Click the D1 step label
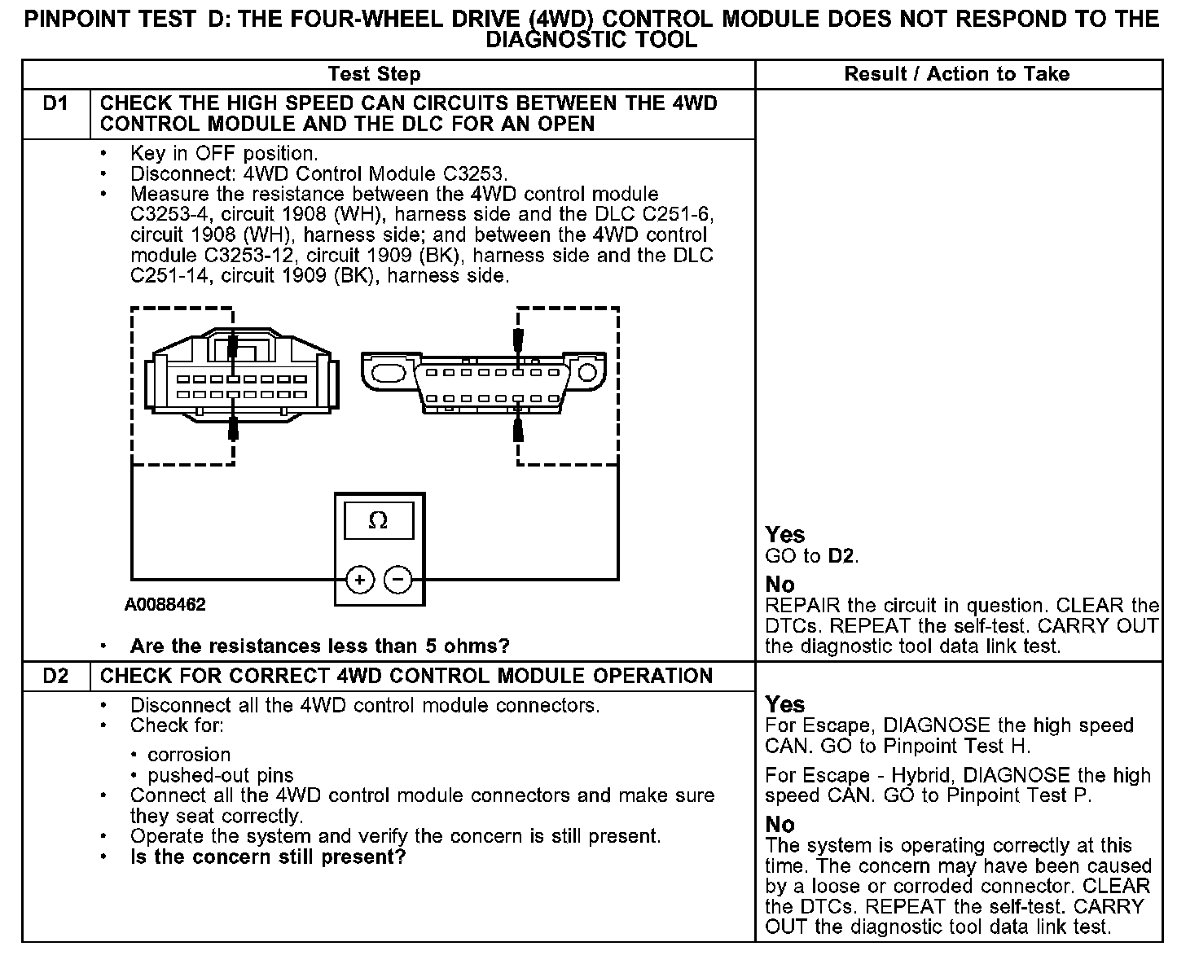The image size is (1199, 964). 55,104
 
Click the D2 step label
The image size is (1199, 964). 55,676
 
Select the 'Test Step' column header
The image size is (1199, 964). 374,74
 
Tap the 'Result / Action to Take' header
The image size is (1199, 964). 956,74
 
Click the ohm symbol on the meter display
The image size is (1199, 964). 378,521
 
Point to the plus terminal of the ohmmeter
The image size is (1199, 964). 360,580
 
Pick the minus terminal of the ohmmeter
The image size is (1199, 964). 397,580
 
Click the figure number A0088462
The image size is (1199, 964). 165,605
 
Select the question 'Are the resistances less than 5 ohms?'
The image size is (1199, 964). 319,646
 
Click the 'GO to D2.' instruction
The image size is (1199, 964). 812,557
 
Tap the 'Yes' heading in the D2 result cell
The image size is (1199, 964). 785,704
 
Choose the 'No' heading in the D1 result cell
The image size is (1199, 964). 780,585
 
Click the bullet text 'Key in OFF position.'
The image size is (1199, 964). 224,153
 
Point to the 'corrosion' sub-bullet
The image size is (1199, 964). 188,755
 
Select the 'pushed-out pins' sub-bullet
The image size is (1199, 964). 220,775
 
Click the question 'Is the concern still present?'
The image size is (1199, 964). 267,857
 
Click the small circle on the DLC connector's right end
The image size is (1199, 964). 587,373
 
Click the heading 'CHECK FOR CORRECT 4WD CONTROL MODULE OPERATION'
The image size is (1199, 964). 406,676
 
